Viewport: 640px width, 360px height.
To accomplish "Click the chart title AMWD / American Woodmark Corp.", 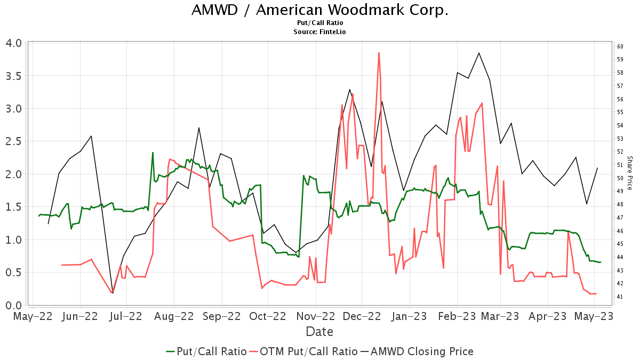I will coord(319,10).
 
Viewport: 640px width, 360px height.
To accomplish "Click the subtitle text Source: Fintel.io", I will coord(319,32).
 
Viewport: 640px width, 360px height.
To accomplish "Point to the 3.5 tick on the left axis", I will coord(15,76).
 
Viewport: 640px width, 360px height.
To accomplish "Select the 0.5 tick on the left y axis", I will coord(15,273).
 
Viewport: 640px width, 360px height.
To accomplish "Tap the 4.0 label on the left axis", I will coord(15,43).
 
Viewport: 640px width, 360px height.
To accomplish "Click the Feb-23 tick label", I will coord(457,316).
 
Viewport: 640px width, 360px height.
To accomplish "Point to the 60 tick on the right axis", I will coord(620,46).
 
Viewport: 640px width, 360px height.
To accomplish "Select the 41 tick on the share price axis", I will coord(620,297).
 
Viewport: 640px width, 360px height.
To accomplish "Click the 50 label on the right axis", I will coord(620,178).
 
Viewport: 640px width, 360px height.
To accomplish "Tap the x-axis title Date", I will coord(319,332).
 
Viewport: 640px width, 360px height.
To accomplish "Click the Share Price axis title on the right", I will coord(630,173).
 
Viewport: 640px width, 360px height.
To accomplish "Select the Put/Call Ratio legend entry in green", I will coord(206,351).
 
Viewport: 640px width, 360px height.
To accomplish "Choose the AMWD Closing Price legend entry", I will coord(417,351).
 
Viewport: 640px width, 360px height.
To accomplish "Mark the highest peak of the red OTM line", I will coord(379,53).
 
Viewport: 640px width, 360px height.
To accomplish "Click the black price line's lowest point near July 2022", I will coord(113,293).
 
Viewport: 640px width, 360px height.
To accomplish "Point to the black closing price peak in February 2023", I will coord(479,53).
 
